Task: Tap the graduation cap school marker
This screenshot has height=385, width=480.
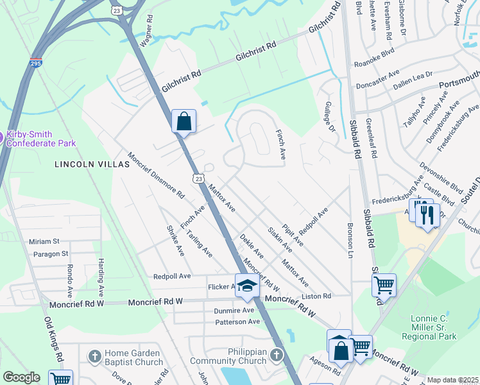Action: pos(246,286)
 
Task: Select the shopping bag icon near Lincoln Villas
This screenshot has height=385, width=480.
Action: pos(184,121)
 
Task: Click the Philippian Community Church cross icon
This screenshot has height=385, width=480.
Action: pos(277,355)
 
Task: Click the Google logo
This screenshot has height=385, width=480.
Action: pos(21,377)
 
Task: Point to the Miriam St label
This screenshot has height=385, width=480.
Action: pos(44,241)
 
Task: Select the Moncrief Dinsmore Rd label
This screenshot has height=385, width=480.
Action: pos(157,175)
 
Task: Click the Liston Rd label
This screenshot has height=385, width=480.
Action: pos(318,296)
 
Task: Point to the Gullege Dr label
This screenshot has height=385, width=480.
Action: pos(330,119)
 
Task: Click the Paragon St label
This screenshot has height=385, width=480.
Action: pos(47,254)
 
